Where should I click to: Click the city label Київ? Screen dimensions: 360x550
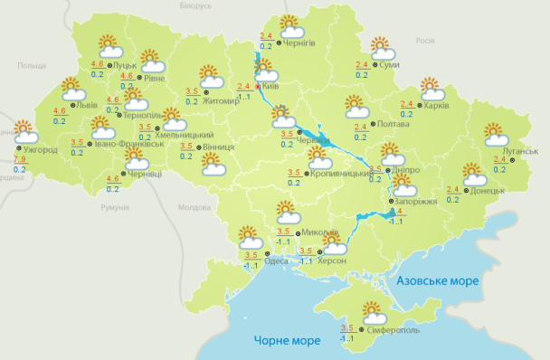(270, 86)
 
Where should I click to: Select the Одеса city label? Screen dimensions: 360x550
(276, 261)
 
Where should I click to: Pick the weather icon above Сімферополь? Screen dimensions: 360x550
(372, 312)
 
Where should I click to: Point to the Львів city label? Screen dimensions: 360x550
(86, 105)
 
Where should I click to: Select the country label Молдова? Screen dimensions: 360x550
(194, 207)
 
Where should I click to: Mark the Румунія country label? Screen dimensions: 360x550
(115, 208)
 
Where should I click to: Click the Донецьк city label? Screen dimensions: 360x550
(488, 191)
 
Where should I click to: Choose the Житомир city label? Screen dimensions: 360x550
(223, 100)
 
